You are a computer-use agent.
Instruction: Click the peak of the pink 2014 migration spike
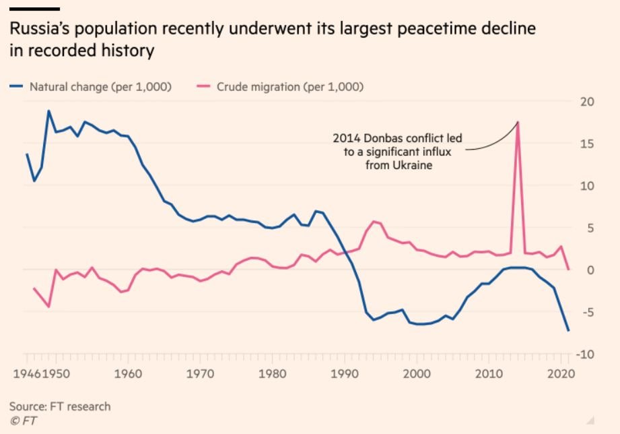(518, 122)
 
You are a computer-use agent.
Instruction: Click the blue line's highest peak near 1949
(48, 111)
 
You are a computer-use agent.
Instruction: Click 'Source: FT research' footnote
(60, 406)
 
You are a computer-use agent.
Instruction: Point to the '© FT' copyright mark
(24, 421)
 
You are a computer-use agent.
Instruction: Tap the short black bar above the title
(35, 9)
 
